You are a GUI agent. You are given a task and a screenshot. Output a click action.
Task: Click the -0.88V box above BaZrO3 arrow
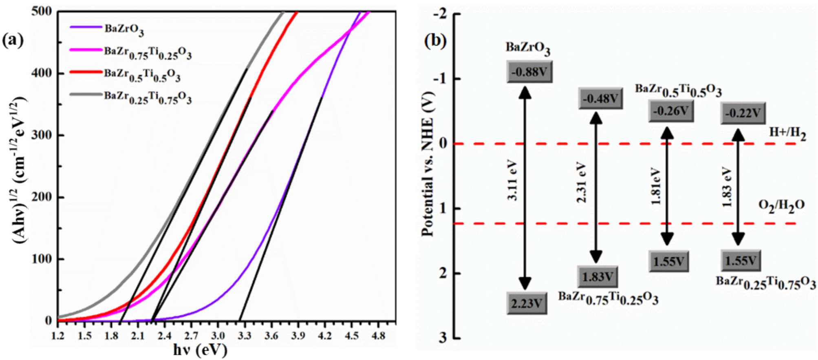[529, 72]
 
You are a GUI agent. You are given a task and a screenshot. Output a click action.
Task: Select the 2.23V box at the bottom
[527, 303]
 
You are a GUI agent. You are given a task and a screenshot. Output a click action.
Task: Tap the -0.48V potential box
[600, 98]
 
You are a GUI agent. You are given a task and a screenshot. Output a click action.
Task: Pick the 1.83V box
[598, 277]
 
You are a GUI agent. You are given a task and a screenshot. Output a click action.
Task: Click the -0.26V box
[671, 110]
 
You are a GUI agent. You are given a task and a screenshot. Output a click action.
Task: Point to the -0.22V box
[743, 113]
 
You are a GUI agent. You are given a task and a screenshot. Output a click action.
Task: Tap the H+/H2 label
[787, 133]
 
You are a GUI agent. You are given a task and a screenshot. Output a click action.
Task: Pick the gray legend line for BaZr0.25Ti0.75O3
[86, 95]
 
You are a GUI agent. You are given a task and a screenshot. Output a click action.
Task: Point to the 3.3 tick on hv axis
[244, 336]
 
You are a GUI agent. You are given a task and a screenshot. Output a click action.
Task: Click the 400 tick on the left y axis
[42, 73]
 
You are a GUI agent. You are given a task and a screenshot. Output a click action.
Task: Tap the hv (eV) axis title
[200, 350]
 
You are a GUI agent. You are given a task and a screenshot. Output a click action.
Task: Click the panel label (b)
[435, 41]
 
